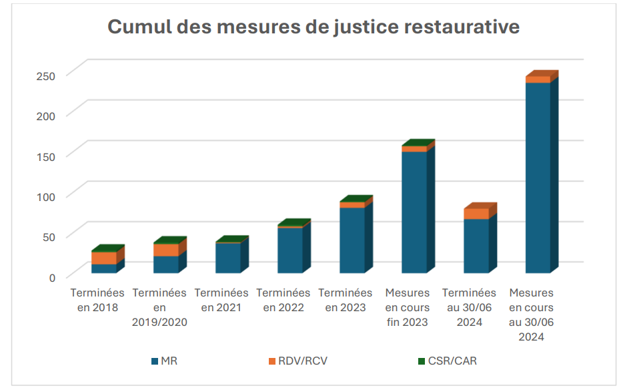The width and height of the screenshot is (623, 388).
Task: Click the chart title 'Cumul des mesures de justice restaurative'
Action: tap(314, 27)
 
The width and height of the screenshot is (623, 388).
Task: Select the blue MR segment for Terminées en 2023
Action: tap(352, 240)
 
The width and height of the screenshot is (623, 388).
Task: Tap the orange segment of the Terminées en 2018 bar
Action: tap(104, 258)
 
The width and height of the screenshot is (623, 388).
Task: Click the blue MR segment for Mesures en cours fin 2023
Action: tap(414, 212)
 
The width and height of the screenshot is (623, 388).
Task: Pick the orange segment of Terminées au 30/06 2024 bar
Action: tap(476, 214)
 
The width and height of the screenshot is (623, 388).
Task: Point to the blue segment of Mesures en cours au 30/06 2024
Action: tap(538, 178)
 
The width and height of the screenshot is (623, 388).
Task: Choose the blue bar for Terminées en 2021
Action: tap(227, 258)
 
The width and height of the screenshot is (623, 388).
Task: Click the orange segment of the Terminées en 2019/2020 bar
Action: tap(165, 250)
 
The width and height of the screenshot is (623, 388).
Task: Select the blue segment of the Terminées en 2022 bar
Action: tap(289, 250)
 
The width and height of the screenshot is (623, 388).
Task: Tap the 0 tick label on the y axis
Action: tap(51, 276)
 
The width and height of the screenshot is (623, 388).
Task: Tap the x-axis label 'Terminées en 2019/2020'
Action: tap(159, 307)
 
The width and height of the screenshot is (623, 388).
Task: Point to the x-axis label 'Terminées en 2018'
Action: tap(97, 300)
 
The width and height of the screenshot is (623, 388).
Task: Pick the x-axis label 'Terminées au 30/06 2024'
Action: tap(469, 307)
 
